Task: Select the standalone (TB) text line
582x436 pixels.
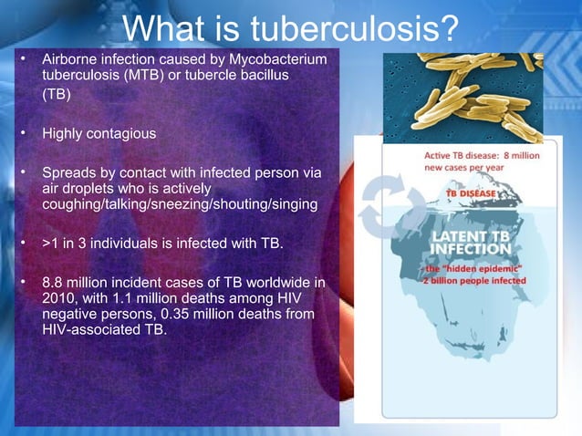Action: pyautogui.click(x=57, y=96)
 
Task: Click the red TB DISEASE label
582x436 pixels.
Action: pyautogui.click(x=471, y=194)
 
